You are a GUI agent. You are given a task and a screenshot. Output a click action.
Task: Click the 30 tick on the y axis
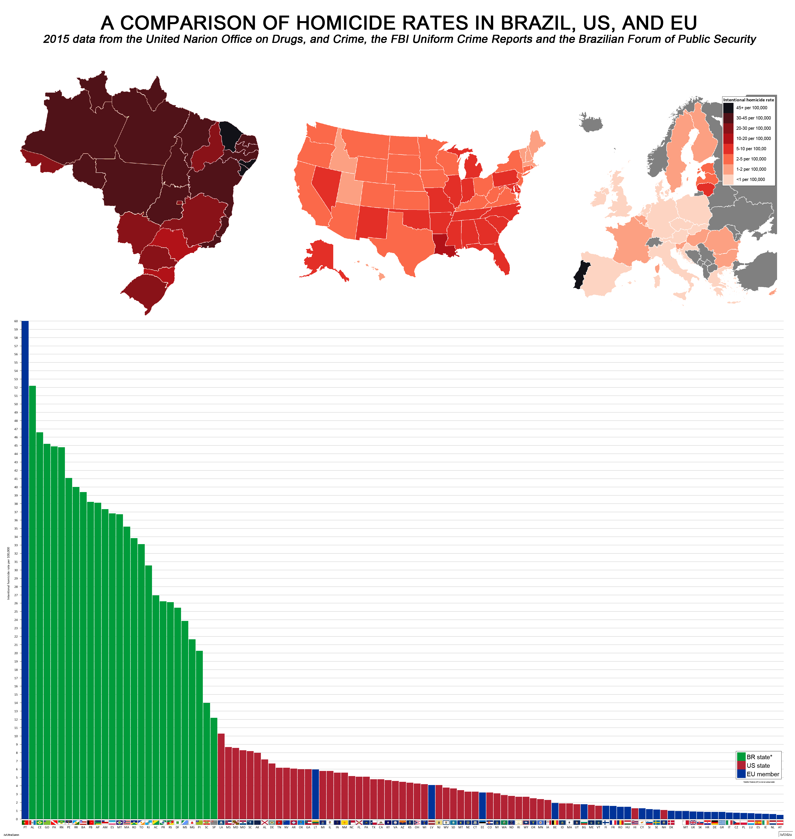pyautogui.click(x=16, y=570)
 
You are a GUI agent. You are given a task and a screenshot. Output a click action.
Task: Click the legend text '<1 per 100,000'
pyautogui.click(x=751, y=180)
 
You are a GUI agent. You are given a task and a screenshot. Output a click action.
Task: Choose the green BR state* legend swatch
pyautogui.click(x=741, y=757)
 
